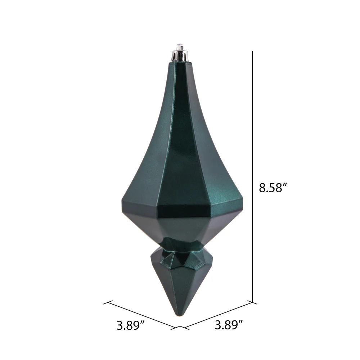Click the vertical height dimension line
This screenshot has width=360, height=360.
pos(252,176)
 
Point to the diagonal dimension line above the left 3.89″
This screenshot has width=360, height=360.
pos(141,315)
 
